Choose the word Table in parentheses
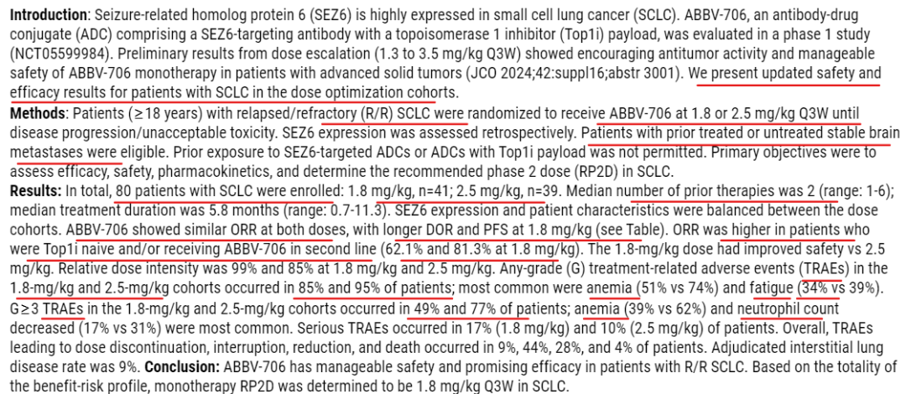pyautogui.click(x=626, y=231)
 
